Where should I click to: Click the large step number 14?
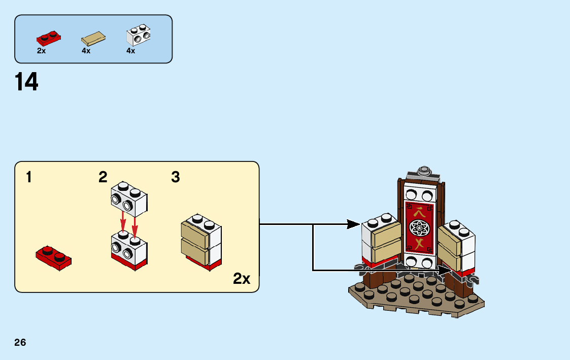click(26, 82)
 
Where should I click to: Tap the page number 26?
click(20, 342)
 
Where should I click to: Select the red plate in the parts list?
click(48, 38)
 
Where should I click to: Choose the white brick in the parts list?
click(139, 36)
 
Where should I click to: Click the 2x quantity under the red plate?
click(41, 51)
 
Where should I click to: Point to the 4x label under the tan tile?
click(86, 51)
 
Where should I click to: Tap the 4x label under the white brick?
click(130, 51)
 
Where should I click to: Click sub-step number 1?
click(29, 177)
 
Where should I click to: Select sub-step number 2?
click(103, 177)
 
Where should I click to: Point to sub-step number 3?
click(176, 177)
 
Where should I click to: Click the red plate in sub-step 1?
click(53, 257)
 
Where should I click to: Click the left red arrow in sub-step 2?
click(123, 221)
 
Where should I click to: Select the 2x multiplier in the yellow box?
click(242, 279)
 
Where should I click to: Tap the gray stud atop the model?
click(424, 170)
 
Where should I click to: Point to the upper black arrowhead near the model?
click(355, 224)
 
